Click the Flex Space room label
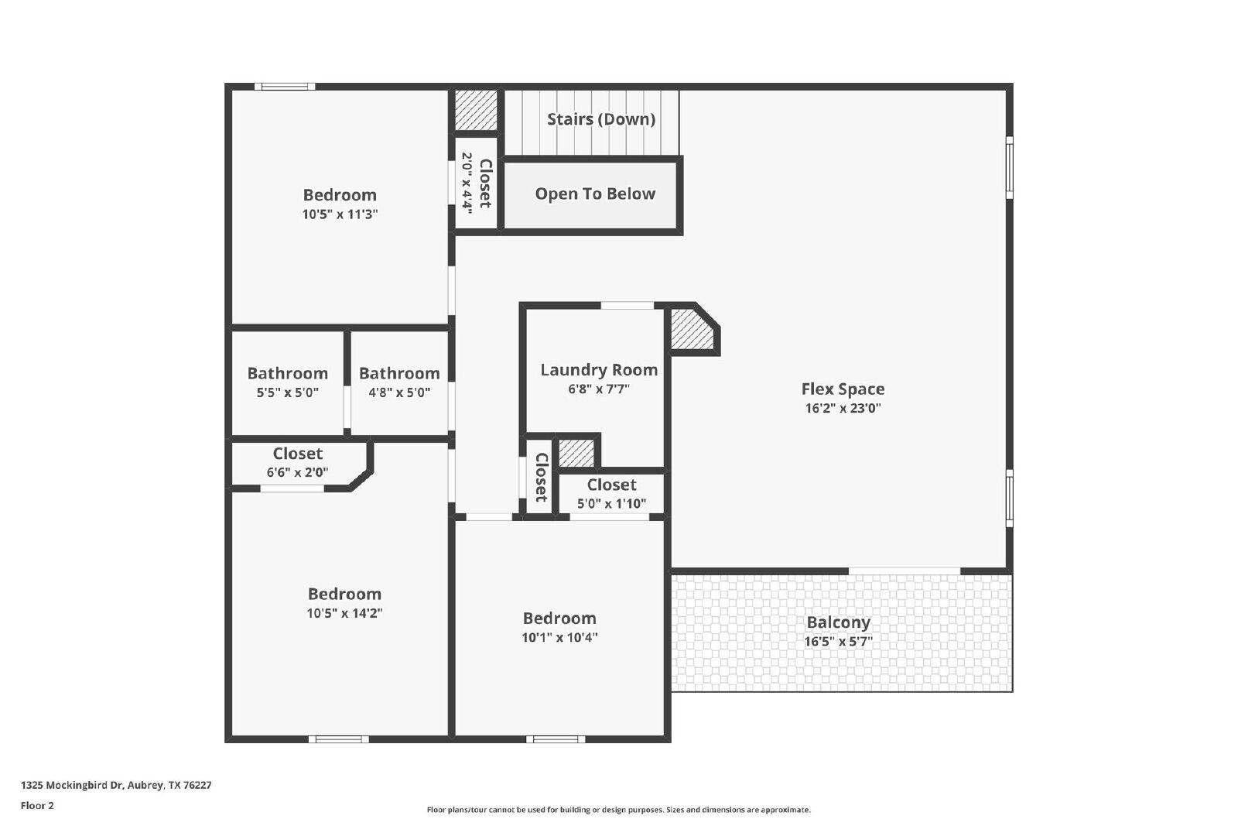point(843,389)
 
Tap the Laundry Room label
point(599,370)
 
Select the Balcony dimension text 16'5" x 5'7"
point(839,641)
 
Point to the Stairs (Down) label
point(601,119)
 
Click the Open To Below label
point(595,194)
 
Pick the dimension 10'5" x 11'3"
point(340,214)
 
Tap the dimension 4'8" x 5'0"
point(399,392)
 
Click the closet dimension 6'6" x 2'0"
point(297,472)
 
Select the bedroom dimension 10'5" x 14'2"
point(345,613)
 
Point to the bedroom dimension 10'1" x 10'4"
point(560,637)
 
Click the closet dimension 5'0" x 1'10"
point(612,504)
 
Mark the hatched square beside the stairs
point(476,111)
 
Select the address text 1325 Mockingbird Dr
point(72,785)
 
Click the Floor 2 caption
point(38,806)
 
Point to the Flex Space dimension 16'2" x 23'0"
point(843,408)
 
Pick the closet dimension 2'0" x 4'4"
point(467,183)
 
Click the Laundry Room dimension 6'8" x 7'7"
point(599,389)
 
